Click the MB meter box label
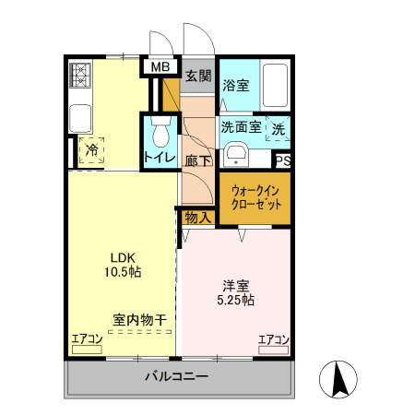click(x=160, y=66)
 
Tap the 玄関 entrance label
click(x=197, y=77)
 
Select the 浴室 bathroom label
click(x=236, y=85)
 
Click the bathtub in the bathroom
click(x=275, y=86)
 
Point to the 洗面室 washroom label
click(x=240, y=127)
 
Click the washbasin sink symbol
click(x=236, y=154)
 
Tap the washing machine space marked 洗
click(x=278, y=128)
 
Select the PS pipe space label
click(x=283, y=160)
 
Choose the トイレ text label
click(x=159, y=159)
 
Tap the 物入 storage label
click(x=197, y=219)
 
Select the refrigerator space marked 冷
click(x=92, y=148)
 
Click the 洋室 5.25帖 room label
click(x=236, y=292)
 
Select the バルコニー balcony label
click(x=175, y=376)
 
